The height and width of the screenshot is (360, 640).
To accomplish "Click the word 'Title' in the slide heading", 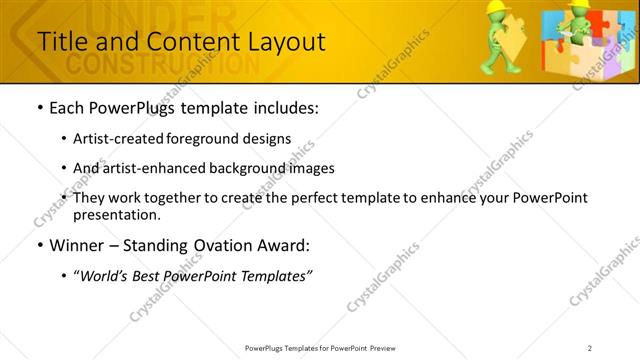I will point(61,42).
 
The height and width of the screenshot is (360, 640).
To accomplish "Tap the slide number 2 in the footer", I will point(590,347).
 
